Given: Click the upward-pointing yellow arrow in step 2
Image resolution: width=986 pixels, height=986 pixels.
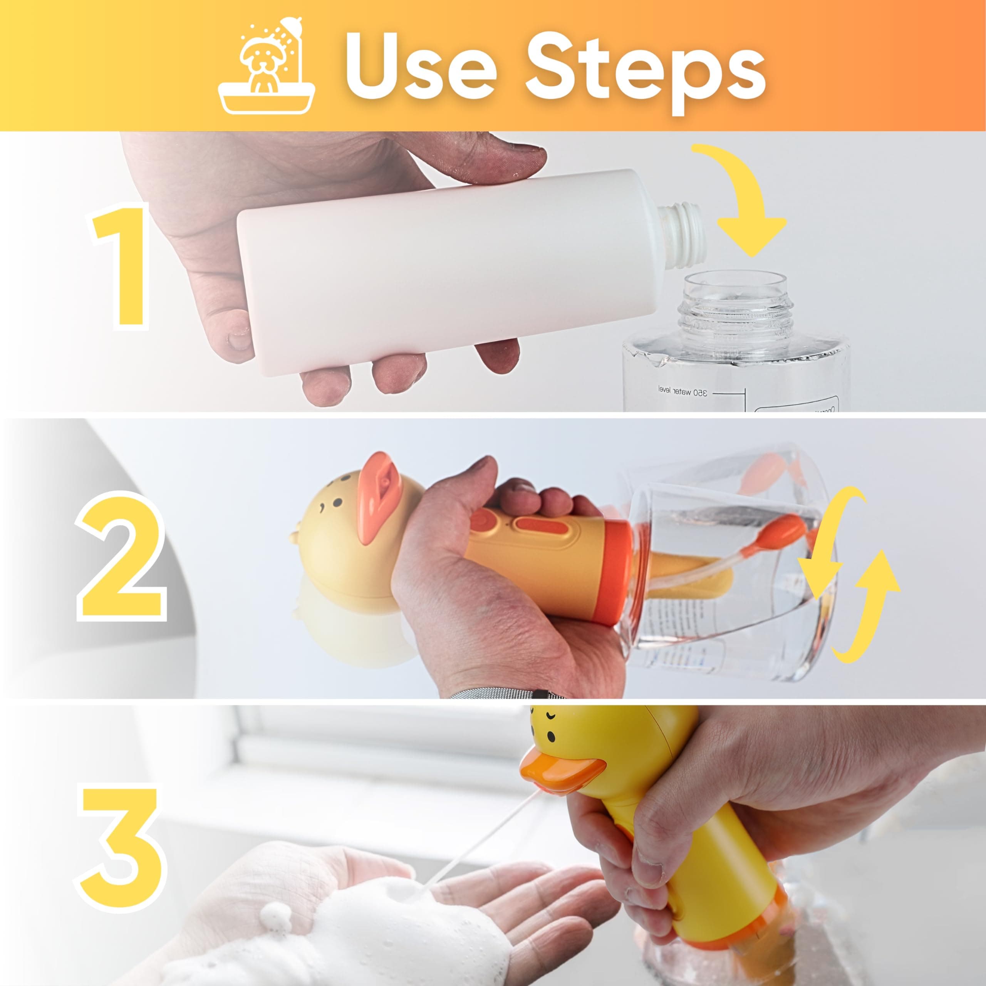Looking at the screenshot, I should (x=868, y=602).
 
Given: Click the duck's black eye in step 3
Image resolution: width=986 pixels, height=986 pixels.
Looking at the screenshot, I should (x=552, y=737).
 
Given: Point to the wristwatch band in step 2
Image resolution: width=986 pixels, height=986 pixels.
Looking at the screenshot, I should (x=505, y=693).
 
